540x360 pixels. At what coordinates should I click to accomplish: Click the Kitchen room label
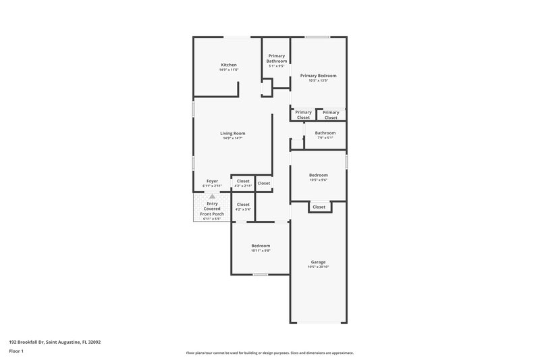(x=228, y=65)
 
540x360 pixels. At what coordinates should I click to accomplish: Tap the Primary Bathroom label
(x=277, y=58)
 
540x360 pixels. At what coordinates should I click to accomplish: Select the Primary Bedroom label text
(x=318, y=76)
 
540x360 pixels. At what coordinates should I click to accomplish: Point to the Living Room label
(x=232, y=133)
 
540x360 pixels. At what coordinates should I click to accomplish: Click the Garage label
(x=318, y=262)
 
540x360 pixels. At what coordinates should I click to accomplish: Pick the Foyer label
(x=212, y=181)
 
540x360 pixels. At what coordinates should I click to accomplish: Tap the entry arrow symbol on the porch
(x=212, y=196)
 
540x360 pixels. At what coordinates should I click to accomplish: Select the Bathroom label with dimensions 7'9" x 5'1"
(x=325, y=133)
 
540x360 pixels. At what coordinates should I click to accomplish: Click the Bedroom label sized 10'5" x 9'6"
(x=318, y=175)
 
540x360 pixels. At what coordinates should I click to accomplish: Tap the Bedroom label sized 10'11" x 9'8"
(x=261, y=246)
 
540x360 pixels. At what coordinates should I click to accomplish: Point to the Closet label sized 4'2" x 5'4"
(x=243, y=205)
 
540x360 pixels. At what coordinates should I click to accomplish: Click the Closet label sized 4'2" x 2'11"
(x=243, y=181)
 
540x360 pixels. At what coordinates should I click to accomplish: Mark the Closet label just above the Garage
(x=319, y=207)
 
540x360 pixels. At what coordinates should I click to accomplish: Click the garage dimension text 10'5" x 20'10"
(x=318, y=267)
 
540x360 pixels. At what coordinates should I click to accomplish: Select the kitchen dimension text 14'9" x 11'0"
(x=228, y=70)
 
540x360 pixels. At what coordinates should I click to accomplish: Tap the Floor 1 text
(x=17, y=352)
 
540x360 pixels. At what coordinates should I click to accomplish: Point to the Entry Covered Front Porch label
(x=212, y=209)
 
